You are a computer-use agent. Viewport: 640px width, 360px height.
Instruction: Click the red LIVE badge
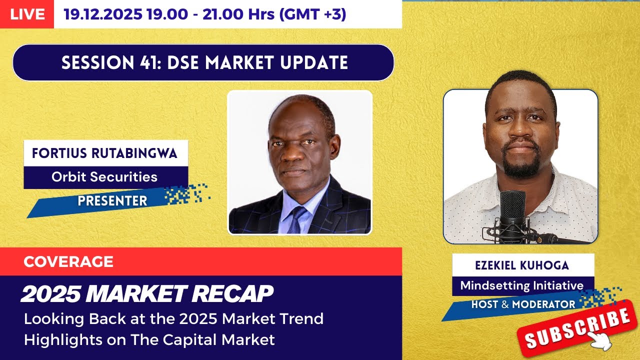click(x=27, y=14)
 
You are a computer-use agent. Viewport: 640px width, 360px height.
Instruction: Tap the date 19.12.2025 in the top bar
click(x=102, y=14)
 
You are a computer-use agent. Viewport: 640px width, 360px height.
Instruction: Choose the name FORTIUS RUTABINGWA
click(x=105, y=153)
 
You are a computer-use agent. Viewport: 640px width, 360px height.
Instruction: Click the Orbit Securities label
click(x=104, y=176)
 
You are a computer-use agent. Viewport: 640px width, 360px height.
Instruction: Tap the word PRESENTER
click(x=112, y=200)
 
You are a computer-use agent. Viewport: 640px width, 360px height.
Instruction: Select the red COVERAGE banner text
click(x=68, y=261)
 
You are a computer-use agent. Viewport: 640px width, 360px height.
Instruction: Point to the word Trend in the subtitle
click(x=302, y=318)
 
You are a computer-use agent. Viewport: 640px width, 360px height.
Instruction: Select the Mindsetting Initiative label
click(x=522, y=285)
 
